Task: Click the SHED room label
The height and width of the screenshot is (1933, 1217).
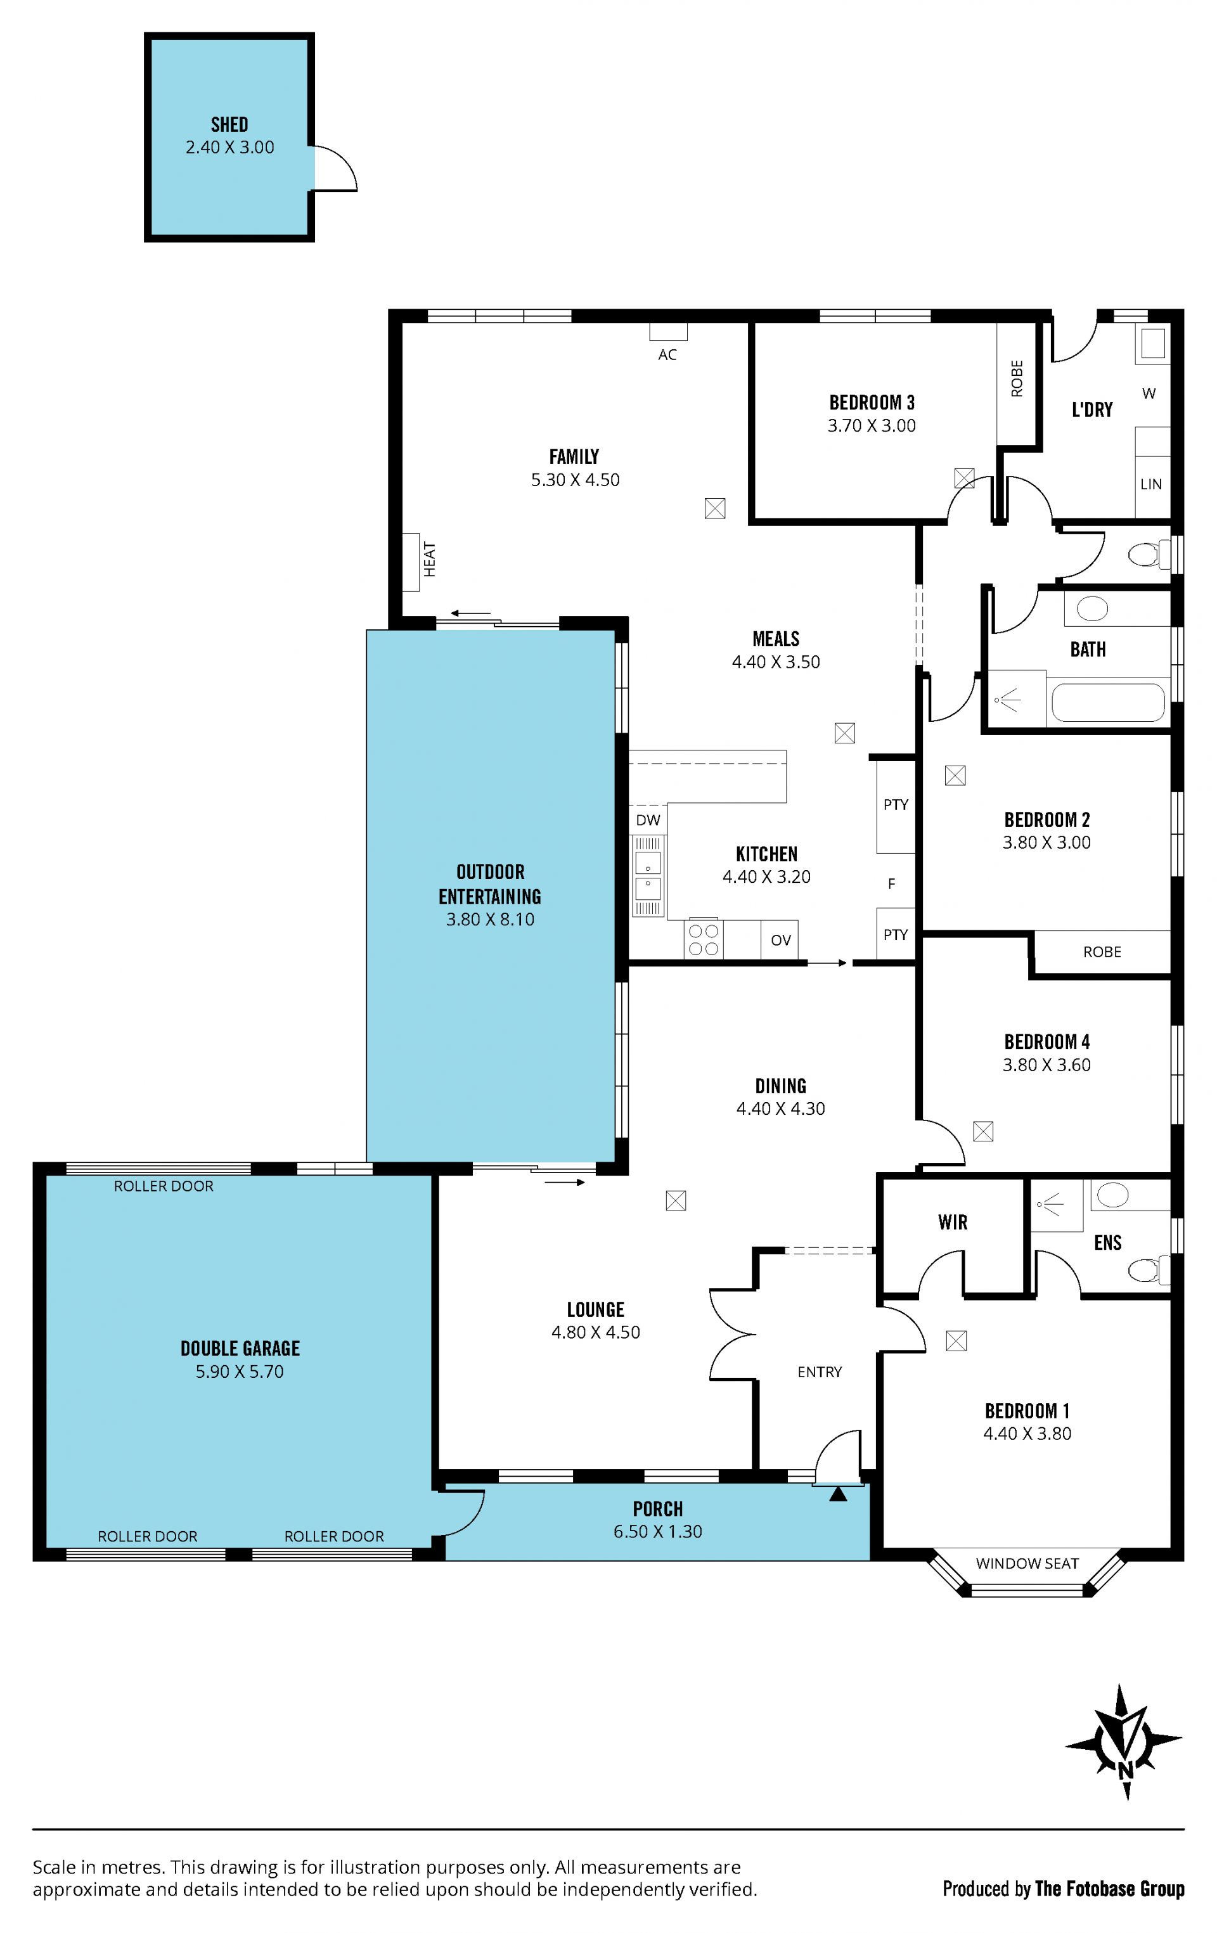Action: tap(229, 124)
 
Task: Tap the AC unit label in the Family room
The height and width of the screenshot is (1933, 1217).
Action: tap(667, 355)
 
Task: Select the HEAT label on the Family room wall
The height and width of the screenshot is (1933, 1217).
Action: tap(430, 560)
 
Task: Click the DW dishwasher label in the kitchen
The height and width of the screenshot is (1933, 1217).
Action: tap(648, 819)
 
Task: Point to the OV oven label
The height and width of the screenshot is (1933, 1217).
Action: tap(781, 940)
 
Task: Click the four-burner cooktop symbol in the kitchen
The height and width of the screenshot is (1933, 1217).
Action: tap(703, 939)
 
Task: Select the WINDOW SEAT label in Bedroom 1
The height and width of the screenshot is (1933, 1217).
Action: tap(1027, 1563)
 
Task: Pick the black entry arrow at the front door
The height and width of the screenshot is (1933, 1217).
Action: tap(838, 1494)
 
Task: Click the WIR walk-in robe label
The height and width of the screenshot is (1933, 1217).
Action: tap(953, 1222)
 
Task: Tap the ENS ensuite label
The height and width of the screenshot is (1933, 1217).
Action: tap(1108, 1243)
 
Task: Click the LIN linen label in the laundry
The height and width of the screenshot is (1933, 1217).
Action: tap(1151, 484)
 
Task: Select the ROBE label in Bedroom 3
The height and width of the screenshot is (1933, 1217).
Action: tap(1017, 378)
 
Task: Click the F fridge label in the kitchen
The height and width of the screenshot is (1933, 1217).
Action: tap(891, 884)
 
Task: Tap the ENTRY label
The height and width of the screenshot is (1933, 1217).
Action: tap(820, 1372)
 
